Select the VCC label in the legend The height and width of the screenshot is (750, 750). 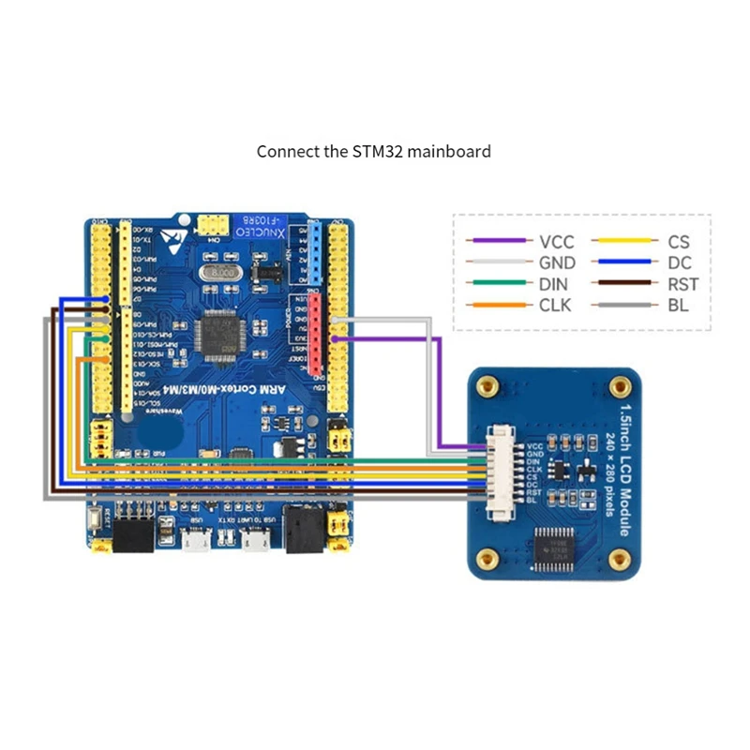click(557, 242)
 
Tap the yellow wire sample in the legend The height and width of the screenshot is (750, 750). click(623, 242)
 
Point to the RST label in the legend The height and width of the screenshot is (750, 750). click(684, 284)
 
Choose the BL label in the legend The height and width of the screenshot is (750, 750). click(677, 305)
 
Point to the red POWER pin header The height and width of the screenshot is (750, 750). click(317, 333)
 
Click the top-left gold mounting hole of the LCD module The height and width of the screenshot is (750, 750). click(487, 385)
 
